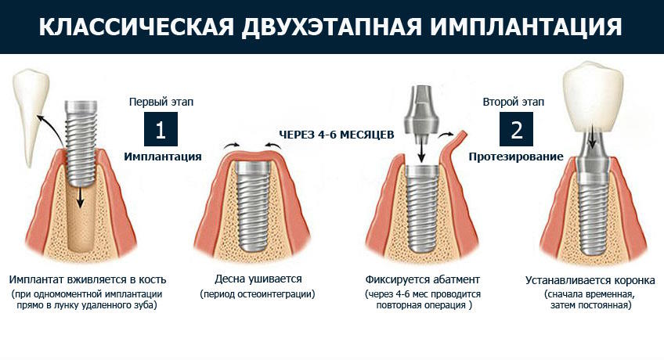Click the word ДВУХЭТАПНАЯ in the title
pyautogui.click(x=331, y=27)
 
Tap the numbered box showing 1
pyautogui.click(x=161, y=129)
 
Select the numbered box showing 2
pyautogui.click(x=516, y=129)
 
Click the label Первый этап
pyautogui.click(x=161, y=102)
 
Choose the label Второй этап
pyautogui.click(x=513, y=102)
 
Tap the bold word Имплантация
pyautogui.click(x=163, y=157)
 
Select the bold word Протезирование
pyautogui.click(x=516, y=157)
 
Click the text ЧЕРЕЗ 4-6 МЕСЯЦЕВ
pyautogui.click(x=336, y=135)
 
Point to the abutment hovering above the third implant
pyautogui.click(x=421, y=115)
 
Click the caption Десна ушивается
pyautogui.click(x=258, y=279)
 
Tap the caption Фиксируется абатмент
pyautogui.click(x=423, y=279)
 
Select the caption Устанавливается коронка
pyautogui.click(x=590, y=280)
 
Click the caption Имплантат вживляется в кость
pyautogui.click(x=88, y=279)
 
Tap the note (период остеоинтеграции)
pyautogui.click(x=258, y=294)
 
